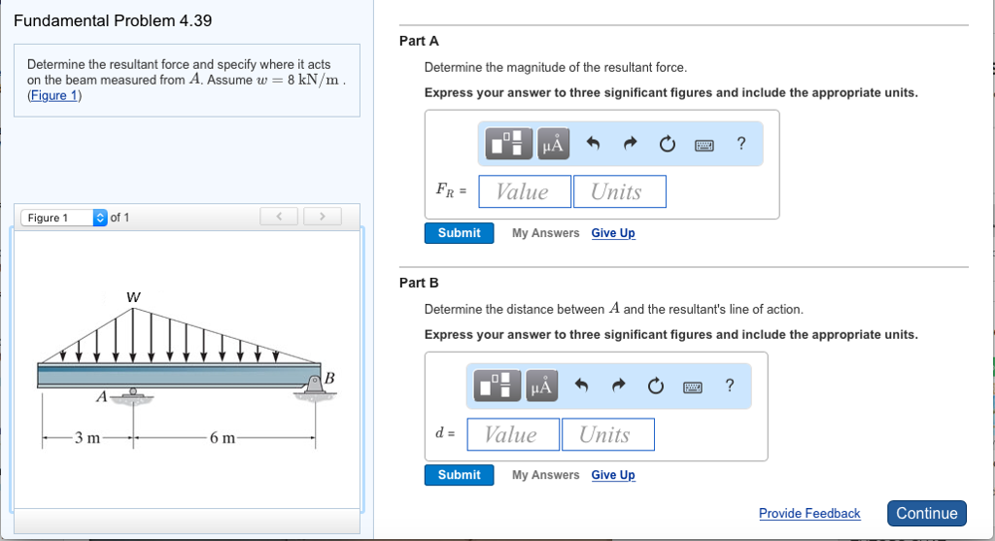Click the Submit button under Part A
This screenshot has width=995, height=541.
click(459, 233)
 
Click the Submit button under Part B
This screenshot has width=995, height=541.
click(459, 475)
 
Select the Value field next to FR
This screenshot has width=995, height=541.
click(524, 191)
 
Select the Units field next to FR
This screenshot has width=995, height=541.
click(619, 191)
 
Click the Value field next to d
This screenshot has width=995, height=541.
click(512, 434)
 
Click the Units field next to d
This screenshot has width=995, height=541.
click(606, 434)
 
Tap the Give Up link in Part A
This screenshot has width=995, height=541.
click(613, 233)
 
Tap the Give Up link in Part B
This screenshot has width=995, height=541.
click(613, 475)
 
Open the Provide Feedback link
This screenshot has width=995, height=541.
click(809, 513)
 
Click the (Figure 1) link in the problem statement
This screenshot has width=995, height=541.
click(54, 95)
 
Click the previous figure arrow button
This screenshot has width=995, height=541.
click(280, 217)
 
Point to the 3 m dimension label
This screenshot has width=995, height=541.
click(87, 438)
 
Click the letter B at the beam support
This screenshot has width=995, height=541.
click(328, 377)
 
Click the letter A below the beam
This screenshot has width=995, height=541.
click(101, 396)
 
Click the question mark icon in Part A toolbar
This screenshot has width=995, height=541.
click(741, 145)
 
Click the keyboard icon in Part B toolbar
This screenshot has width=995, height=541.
click(692, 388)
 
